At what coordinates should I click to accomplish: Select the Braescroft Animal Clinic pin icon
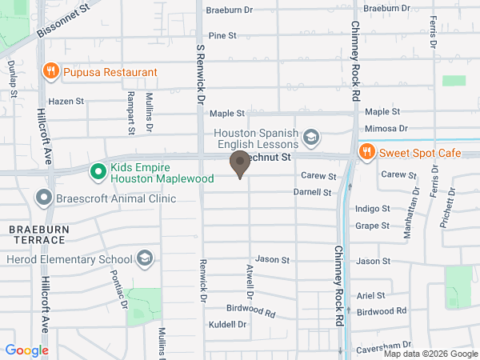coord(43,197)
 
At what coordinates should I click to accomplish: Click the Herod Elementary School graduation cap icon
coord(145,258)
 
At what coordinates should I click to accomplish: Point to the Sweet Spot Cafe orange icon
coord(366,152)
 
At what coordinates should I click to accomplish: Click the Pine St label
coord(222,36)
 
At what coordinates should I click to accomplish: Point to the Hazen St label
coord(66,102)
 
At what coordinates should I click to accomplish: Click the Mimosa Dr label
coord(386,128)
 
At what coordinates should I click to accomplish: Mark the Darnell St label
coord(312,193)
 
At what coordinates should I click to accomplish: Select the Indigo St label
coord(373,208)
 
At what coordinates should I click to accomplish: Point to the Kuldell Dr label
coord(228,324)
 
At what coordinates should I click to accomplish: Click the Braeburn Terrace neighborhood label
coord(36,234)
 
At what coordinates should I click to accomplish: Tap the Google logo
coord(26,350)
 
